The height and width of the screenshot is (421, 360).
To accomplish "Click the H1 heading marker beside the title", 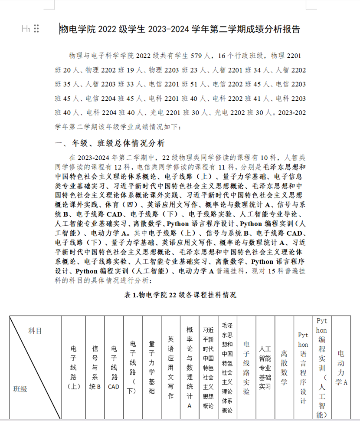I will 26,29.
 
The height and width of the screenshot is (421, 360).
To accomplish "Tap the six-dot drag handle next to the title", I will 36,29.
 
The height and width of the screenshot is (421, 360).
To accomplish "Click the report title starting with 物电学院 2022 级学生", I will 180,29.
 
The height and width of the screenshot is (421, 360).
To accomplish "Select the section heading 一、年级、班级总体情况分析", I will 109,143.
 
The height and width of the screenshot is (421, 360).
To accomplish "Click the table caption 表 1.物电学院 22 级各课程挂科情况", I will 180,295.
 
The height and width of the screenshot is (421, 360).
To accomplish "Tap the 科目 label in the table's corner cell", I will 35,331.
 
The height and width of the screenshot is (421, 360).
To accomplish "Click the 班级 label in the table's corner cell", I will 20,388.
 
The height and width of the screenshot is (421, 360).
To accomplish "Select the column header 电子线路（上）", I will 73,367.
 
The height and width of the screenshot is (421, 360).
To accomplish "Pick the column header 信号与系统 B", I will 95,367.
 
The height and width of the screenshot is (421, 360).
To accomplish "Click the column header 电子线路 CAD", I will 114,367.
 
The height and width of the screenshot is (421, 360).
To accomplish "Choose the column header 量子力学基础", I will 151,367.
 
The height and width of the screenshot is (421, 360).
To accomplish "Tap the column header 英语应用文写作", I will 170,367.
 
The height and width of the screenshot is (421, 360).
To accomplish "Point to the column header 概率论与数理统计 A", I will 189,367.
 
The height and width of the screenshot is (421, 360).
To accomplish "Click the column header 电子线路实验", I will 246,367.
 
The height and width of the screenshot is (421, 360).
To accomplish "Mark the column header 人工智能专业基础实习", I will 265,367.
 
